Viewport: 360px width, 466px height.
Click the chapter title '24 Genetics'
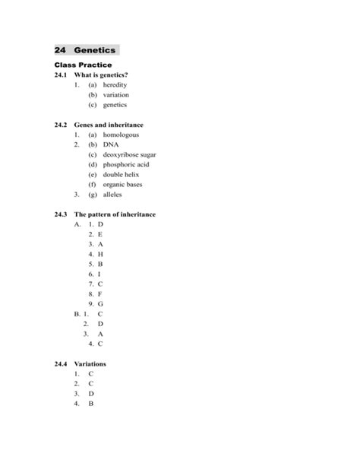[x=86, y=50]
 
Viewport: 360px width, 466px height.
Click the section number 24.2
[x=62, y=124]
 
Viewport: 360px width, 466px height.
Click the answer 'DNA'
[x=112, y=144]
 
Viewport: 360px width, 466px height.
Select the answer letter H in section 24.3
[x=100, y=254]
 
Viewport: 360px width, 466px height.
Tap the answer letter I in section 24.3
[x=99, y=274]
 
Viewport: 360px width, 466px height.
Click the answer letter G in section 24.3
[x=100, y=303]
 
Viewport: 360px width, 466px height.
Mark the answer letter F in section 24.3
[x=100, y=293]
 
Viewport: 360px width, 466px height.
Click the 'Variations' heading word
[x=92, y=364]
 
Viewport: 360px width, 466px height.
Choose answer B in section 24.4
[x=90, y=404]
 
